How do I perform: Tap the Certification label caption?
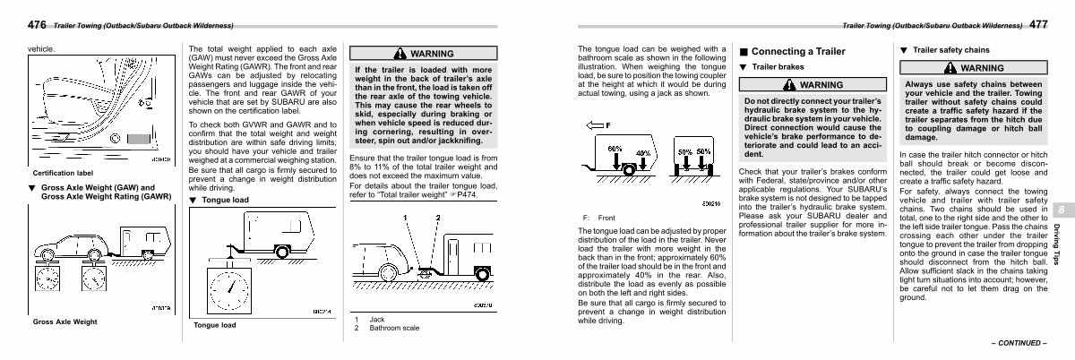tap(65, 172)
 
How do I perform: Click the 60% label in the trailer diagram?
tap(615, 147)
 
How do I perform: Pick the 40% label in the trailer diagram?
tap(642, 154)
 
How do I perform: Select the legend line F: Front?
tap(599, 218)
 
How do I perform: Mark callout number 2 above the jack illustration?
tap(438, 218)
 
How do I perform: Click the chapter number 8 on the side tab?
tap(1061, 209)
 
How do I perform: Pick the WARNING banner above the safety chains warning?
tap(976, 67)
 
